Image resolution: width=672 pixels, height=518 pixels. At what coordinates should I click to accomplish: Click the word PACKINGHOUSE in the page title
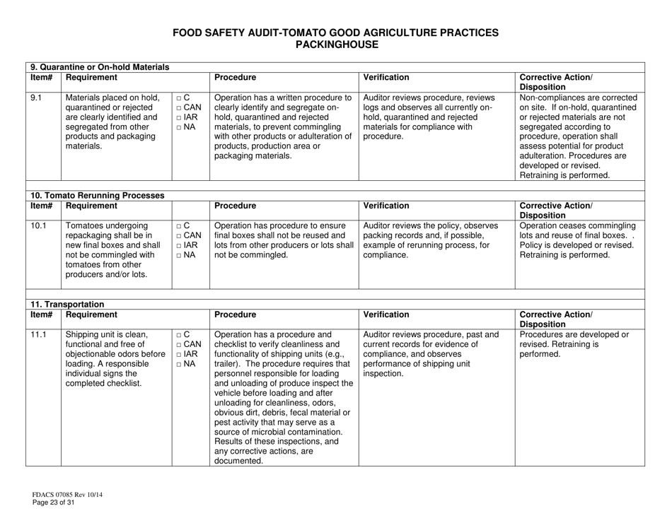click(x=337, y=44)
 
